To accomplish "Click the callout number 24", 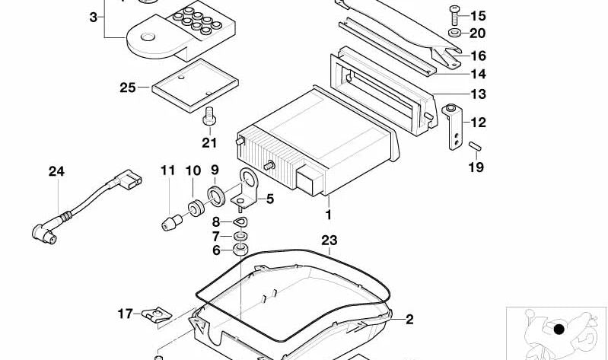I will tap(57, 171).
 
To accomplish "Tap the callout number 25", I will tap(127, 88).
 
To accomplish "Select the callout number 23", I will tap(328, 241).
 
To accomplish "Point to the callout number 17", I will tap(125, 313).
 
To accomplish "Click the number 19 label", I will tap(476, 167).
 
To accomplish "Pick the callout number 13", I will tap(477, 95).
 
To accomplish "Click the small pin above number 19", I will tap(476, 145).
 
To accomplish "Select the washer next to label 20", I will tap(454, 33).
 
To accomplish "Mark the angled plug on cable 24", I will tap(43, 231).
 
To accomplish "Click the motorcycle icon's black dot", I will tap(559, 330).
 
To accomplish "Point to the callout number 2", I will tap(409, 320).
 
